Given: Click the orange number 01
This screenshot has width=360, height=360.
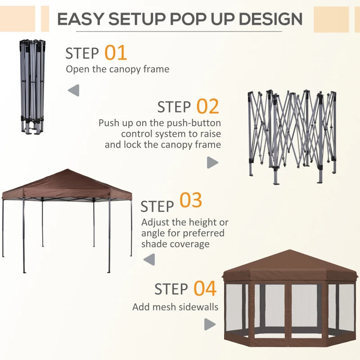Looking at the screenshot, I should point(116,53).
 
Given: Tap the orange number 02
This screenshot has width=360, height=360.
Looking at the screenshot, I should point(207,107).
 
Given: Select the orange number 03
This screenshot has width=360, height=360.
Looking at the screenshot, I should point(191,201).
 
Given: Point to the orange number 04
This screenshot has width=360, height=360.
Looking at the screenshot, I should point(205,288).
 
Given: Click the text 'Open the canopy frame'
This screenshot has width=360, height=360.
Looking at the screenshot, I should point(117,69).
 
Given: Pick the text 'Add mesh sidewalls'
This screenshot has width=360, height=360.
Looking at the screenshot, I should point(175,307).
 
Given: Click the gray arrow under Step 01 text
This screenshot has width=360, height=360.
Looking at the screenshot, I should point(73,90).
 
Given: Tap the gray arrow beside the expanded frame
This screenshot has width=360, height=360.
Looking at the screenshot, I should point(212,163).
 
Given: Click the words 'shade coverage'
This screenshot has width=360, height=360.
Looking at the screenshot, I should point(175,244).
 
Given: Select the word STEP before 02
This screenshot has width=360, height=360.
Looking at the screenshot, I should point(174,108).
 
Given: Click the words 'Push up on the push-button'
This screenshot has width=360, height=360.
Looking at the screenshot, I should point(160,123).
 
